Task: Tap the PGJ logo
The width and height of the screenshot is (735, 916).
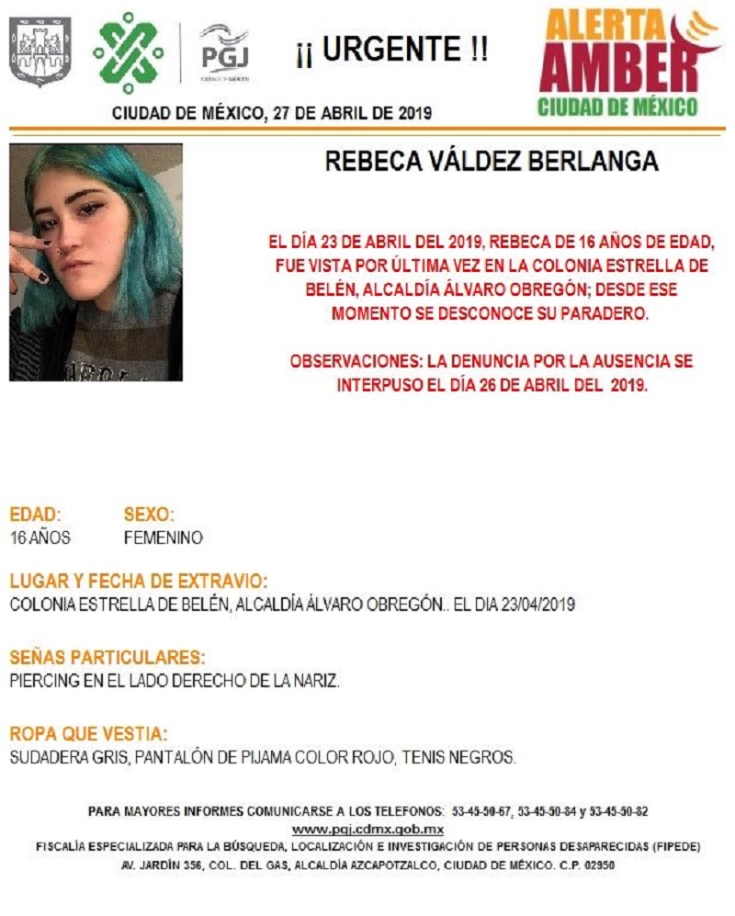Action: [224, 51]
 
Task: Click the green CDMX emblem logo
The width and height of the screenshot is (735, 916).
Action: [129, 52]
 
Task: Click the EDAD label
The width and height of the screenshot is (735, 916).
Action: [35, 515]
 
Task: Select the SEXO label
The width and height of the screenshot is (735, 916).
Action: [148, 515]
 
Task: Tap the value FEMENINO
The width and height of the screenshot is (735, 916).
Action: [163, 538]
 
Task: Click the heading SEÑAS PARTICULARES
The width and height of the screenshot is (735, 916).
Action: [107, 658]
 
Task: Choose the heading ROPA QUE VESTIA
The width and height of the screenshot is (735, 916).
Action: [88, 734]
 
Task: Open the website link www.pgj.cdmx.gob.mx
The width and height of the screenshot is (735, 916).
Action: [368, 830]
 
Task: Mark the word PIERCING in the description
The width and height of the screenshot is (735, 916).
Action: [42, 682]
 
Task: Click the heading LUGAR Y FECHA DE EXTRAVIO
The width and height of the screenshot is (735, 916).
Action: [139, 582]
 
